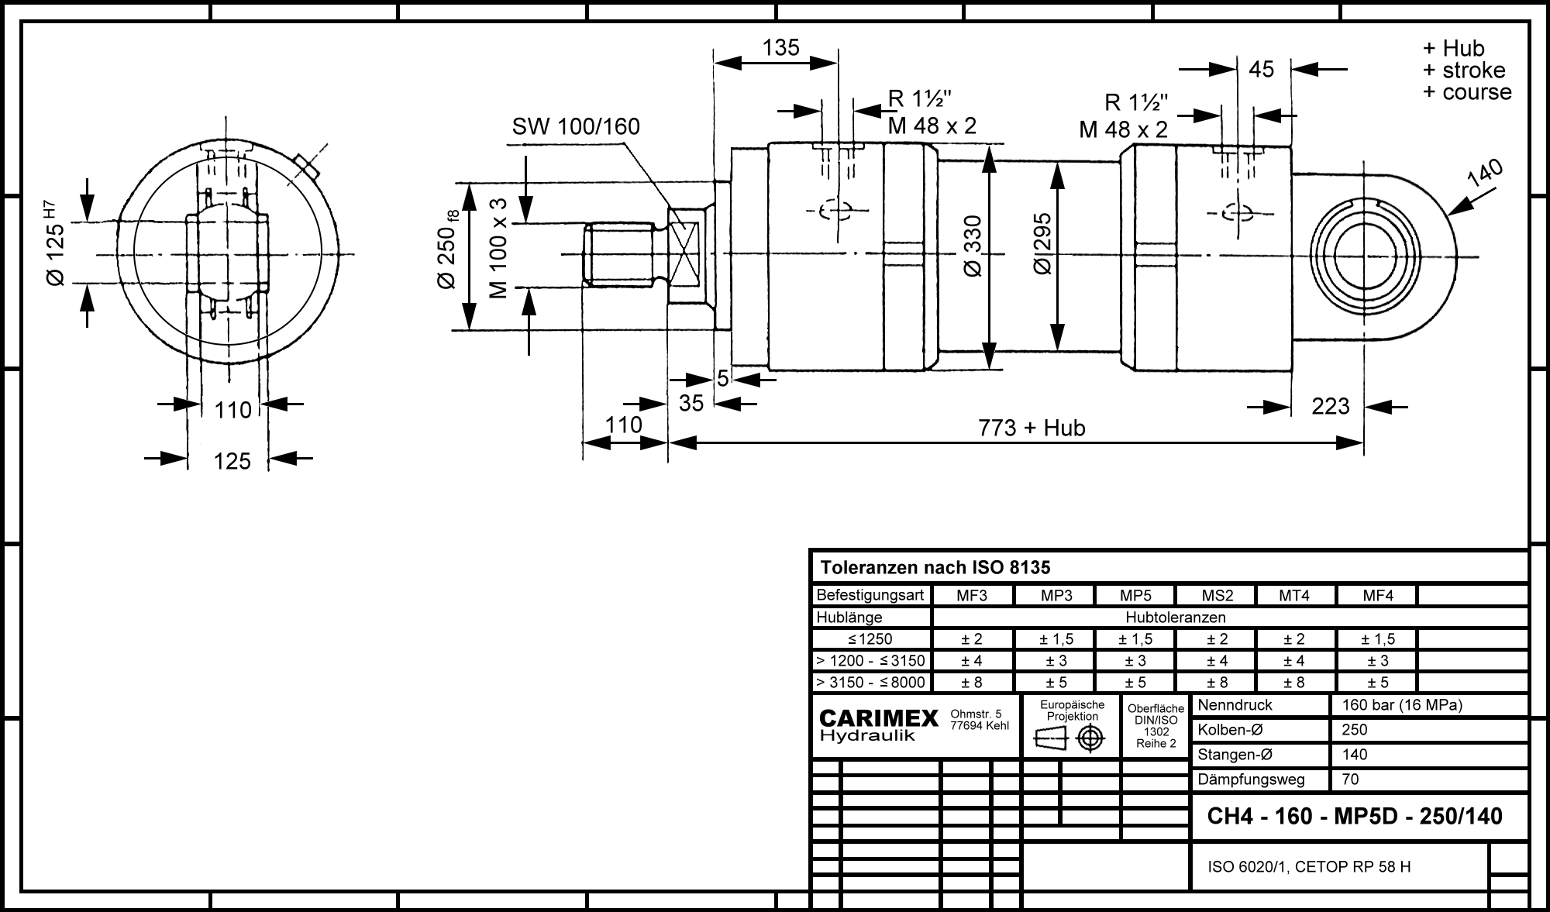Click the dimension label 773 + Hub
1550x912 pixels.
point(1032,428)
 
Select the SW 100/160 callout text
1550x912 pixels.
point(576,126)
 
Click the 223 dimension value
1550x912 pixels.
point(1331,406)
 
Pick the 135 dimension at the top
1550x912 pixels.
point(780,48)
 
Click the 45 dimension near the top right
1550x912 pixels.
point(1262,70)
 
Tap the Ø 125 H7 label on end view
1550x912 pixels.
point(54,244)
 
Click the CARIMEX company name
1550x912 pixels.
point(879,719)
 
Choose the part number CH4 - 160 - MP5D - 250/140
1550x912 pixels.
point(1355,816)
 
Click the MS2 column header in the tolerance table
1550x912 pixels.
point(1217,596)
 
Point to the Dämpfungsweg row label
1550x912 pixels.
point(1251,780)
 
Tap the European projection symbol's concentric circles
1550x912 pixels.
point(1090,738)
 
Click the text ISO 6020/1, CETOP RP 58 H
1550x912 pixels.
point(1309,867)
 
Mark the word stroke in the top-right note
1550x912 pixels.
point(1473,71)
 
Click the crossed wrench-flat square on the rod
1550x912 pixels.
point(685,253)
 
